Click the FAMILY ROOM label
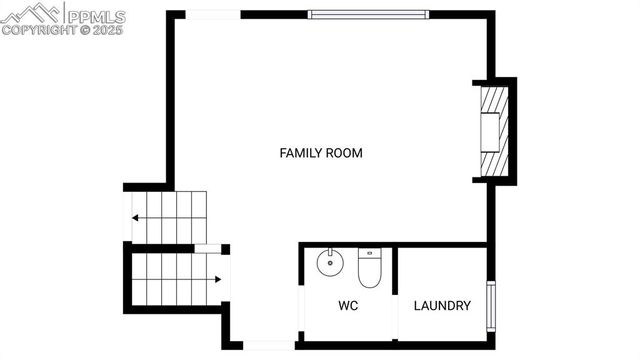coord(320,153)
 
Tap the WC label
coord(348,305)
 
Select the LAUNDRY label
coord(441,305)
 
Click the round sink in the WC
coord(329,265)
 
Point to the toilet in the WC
coord(369,266)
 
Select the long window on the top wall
coord(367,14)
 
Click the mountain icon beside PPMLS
coord(30,14)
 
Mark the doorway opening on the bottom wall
coord(269,345)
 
